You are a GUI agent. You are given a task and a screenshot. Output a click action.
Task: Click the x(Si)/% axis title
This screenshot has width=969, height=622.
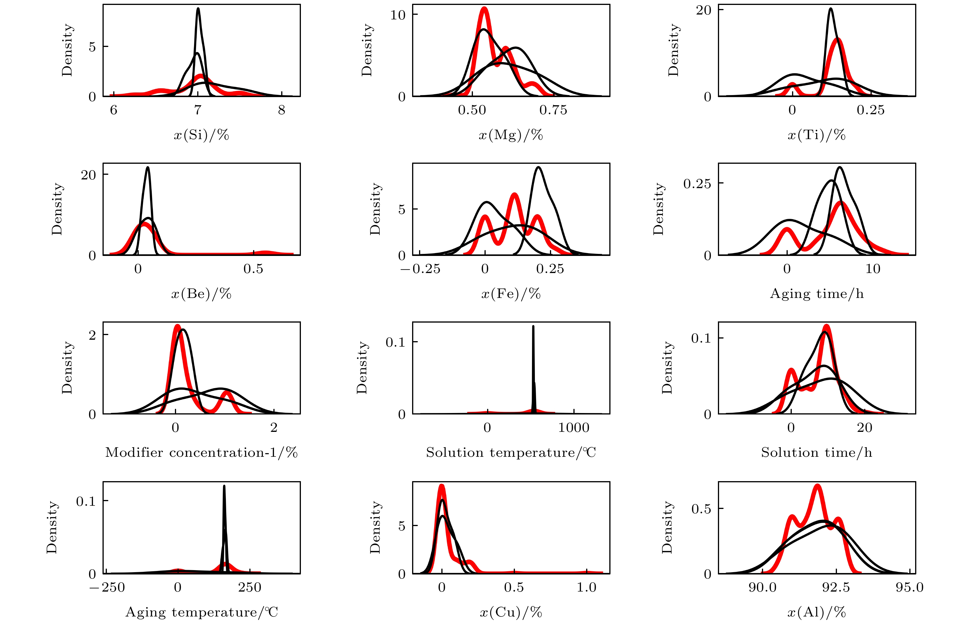tap(201, 135)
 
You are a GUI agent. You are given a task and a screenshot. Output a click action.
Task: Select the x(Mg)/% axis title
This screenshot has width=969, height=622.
tap(511, 135)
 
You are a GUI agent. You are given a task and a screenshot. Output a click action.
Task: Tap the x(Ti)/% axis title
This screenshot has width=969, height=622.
tap(816, 135)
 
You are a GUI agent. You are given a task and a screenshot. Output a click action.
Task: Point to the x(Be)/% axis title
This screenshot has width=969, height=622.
tap(201, 294)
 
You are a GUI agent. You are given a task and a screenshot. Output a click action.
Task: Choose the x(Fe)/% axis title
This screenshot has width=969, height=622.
tap(511, 294)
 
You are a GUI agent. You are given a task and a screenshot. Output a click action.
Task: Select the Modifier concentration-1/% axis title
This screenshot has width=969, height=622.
tap(201, 452)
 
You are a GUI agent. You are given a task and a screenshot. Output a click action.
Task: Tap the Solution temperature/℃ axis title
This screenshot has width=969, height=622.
tap(511, 452)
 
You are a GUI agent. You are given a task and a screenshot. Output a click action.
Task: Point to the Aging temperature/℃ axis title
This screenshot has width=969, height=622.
tap(201, 612)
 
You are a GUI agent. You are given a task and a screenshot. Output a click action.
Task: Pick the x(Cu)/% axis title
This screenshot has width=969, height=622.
tap(511, 612)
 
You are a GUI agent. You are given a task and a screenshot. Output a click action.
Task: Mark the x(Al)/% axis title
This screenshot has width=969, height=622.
tap(816, 612)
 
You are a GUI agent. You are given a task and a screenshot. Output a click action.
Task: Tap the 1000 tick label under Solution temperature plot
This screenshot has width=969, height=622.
tap(573, 427)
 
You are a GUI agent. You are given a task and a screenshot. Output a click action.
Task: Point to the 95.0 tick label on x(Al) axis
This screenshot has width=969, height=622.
tap(909, 587)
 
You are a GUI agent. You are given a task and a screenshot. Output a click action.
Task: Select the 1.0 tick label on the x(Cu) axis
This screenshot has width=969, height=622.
tap(586, 587)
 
